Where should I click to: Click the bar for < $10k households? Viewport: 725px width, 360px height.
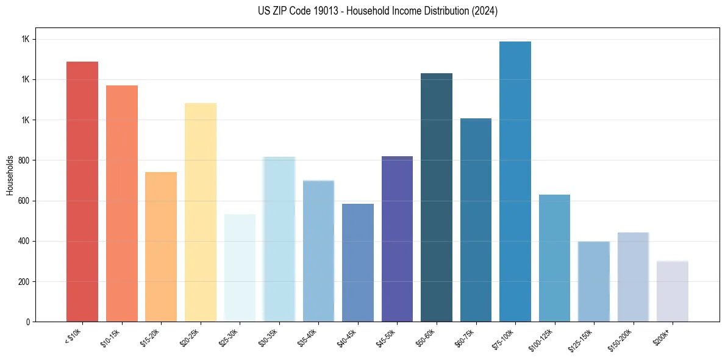click(82, 192)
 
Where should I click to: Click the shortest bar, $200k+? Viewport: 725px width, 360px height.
click(673, 291)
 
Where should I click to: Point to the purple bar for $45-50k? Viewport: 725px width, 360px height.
click(397, 239)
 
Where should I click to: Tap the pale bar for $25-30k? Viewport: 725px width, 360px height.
click(240, 268)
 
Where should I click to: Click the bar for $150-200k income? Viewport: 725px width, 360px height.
click(633, 277)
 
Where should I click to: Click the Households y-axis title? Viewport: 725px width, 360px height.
click(10, 175)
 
